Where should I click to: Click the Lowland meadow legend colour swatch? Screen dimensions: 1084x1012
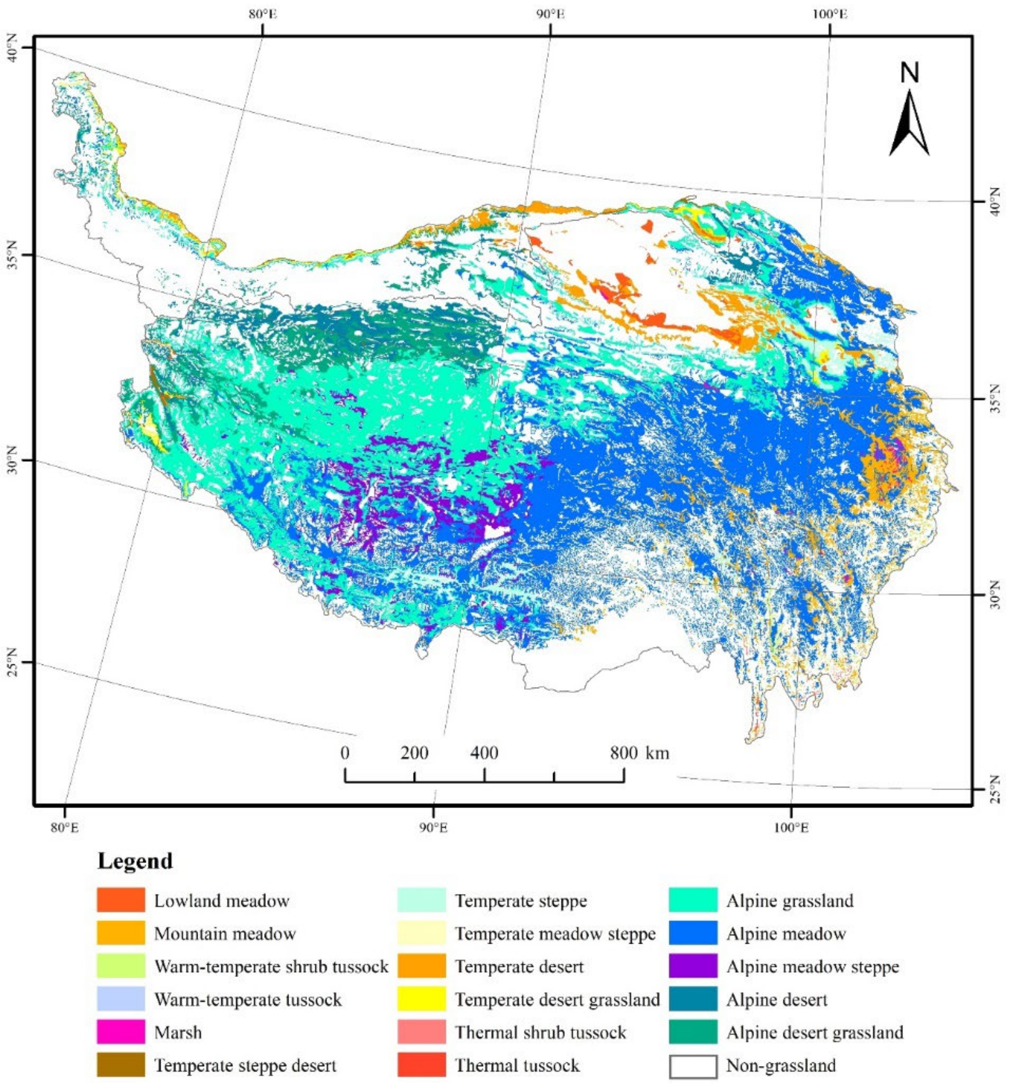tap(121, 900)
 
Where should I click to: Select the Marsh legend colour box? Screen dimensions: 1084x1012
tap(121, 1032)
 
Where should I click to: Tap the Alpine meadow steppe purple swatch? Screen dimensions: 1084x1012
tap(693, 966)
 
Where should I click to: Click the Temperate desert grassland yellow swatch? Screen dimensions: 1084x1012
tap(421, 999)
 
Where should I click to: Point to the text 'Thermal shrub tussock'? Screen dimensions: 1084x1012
tap(541, 1032)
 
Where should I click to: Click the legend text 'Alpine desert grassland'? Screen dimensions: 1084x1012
tap(815, 1032)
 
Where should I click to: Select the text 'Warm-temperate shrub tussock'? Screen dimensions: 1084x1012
tap(271, 966)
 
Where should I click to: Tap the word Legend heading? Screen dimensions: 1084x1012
tap(135, 861)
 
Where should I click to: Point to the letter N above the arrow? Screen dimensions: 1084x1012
tap(909, 73)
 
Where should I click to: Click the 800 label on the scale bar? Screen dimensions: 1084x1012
tap(624, 753)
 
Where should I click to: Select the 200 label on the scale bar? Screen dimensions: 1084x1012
tap(414, 753)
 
